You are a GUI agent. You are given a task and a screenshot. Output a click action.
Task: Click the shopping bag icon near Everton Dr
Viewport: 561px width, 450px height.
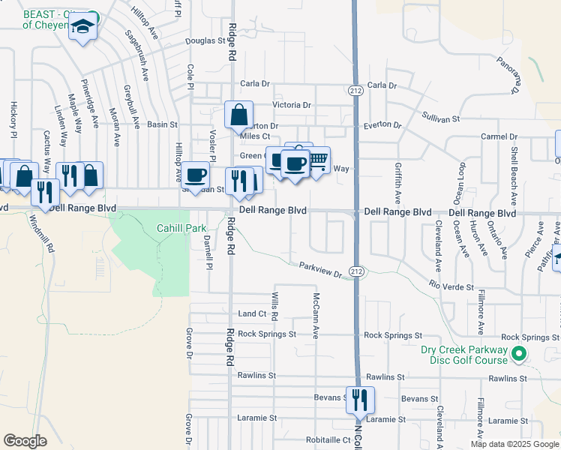238,115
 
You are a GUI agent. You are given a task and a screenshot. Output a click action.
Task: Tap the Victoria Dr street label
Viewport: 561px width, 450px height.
292,105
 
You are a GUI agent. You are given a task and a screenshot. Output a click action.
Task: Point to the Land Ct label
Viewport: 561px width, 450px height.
252,313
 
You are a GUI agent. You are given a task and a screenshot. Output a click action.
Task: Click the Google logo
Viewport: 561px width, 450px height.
25,440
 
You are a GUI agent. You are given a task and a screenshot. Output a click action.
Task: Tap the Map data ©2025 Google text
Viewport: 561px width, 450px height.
514,444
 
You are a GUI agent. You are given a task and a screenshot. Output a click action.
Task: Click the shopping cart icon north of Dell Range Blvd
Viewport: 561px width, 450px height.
318,159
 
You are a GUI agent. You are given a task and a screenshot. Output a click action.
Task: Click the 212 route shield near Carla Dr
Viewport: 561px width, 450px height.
355,90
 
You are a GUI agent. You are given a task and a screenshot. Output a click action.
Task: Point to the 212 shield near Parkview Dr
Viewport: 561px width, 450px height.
356,271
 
